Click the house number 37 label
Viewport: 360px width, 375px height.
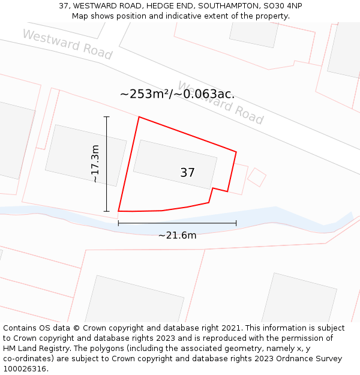pyautogui.click(x=187, y=173)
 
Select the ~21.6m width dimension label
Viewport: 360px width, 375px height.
pyautogui.click(x=177, y=235)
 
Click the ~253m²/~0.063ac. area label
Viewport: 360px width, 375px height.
pyautogui.click(x=177, y=94)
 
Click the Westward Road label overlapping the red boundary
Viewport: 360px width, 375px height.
pyautogui.click(x=220, y=103)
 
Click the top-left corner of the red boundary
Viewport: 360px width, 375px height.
pyautogui.click(x=139, y=117)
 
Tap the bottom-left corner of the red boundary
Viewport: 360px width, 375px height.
pyautogui.click(x=119, y=211)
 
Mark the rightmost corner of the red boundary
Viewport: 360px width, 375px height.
pyautogui.click(x=236, y=152)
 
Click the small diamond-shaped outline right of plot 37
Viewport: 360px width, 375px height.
pyautogui.click(x=257, y=177)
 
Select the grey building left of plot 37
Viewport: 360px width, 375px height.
pyautogui.click(x=86, y=155)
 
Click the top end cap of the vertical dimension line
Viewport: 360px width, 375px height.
pyautogui.click(x=107, y=116)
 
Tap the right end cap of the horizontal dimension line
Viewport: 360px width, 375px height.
pyautogui.click(x=236, y=223)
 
